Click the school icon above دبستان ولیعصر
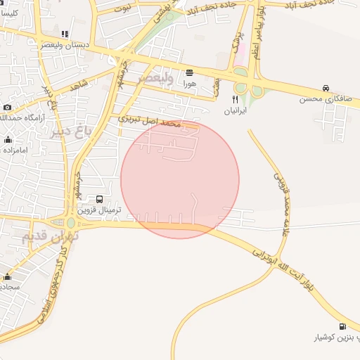[65, 34]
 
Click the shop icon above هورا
[190, 73]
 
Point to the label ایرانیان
[235, 111]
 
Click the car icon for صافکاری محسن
[326, 88]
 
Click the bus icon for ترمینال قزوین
[100, 200]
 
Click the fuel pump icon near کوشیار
[342, 326]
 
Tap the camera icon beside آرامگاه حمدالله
[7, 108]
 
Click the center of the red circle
[180, 179]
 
